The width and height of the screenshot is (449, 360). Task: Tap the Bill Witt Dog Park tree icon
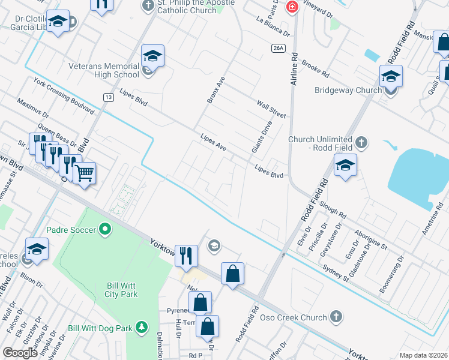pos(141,328)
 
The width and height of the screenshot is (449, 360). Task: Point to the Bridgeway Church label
pos(348,91)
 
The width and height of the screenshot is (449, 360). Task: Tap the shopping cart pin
pos(85,173)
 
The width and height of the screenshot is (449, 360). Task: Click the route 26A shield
pos(277,48)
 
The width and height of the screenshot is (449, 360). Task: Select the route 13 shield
pos(108,97)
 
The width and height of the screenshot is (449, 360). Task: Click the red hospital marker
pos(292,7)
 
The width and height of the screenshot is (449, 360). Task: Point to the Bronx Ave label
pos(215,89)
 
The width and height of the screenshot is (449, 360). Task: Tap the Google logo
pos(20,353)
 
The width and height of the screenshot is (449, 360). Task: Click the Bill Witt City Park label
pos(119,290)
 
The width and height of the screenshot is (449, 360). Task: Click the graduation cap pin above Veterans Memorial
pos(152,56)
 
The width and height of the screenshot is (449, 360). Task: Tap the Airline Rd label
pos(294,68)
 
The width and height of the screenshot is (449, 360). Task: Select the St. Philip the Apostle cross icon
pos(148,6)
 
